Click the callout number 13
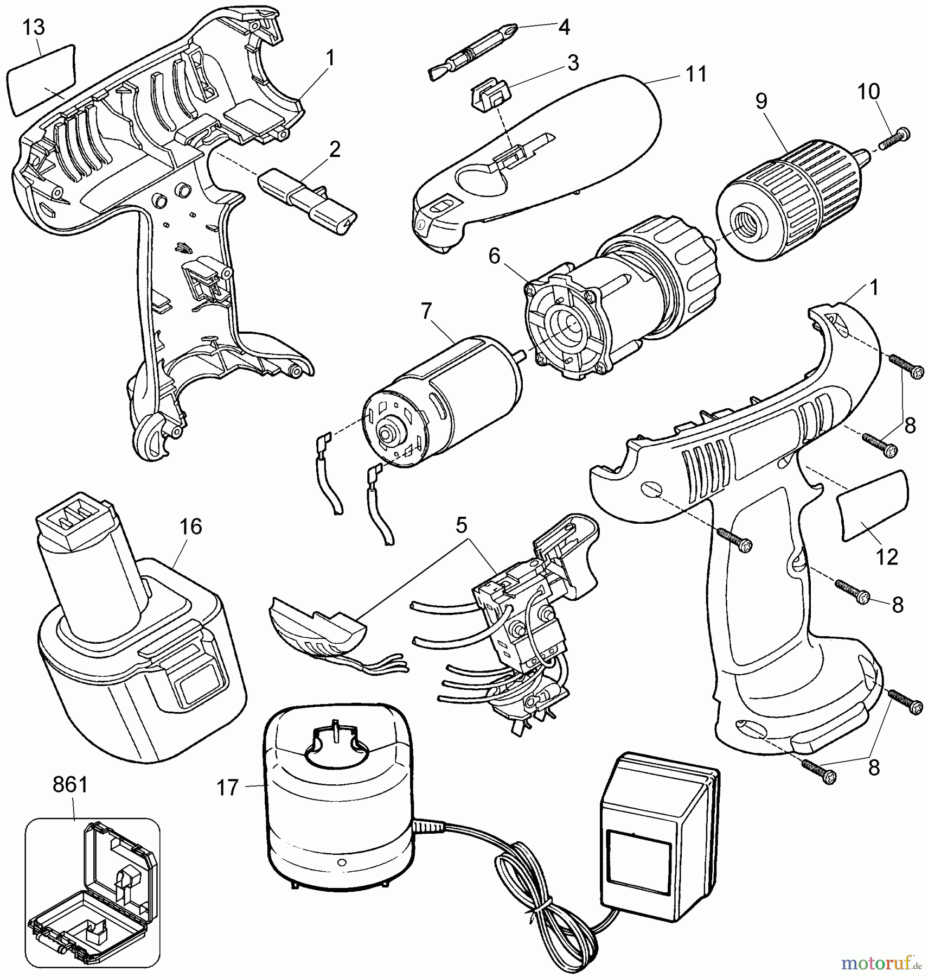[34, 28]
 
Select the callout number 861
[71, 785]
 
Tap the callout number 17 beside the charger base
[228, 788]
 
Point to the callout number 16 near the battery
[191, 526]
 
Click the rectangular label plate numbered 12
[872, 505]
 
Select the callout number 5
[461, 525]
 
